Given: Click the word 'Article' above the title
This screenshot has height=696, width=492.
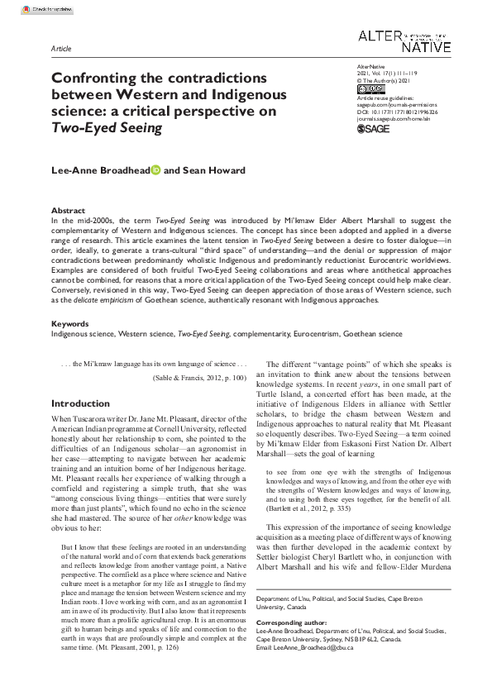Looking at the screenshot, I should pyautogui.click(x=61, y=49).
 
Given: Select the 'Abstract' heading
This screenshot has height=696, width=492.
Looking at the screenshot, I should pyautogui.click(x=68, y=211).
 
